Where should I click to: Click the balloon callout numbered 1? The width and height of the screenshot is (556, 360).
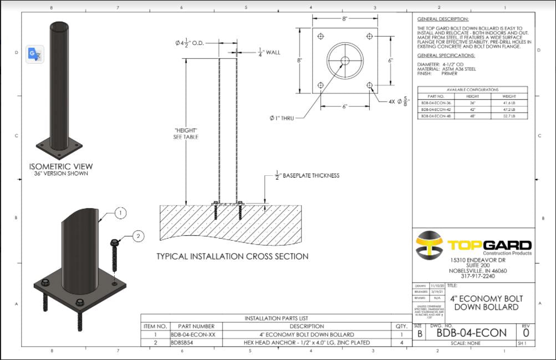[121, 212]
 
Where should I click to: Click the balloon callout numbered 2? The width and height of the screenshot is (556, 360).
[138, 236]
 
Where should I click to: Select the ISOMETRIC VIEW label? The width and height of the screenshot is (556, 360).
[61, 166]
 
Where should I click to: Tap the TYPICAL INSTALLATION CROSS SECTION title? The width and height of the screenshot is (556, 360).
[232, 256]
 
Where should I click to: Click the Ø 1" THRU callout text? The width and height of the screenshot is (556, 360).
[282, 118]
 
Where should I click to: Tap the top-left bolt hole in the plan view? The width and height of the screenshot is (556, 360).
[320, 36]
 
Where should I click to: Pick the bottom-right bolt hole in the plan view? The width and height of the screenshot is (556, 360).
[370, 85]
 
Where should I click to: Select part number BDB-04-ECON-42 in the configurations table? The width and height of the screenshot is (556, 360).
[436, 109]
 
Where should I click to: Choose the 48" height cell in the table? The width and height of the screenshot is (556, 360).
[472, 116]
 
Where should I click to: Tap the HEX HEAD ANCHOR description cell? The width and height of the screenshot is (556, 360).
[311, 343]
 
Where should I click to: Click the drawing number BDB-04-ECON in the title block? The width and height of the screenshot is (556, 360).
[471, 333]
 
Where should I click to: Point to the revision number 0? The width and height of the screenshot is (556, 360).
[526, 333]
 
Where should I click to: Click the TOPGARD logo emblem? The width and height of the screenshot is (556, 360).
[430, 245]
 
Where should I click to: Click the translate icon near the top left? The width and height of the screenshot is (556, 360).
[35, 54]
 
